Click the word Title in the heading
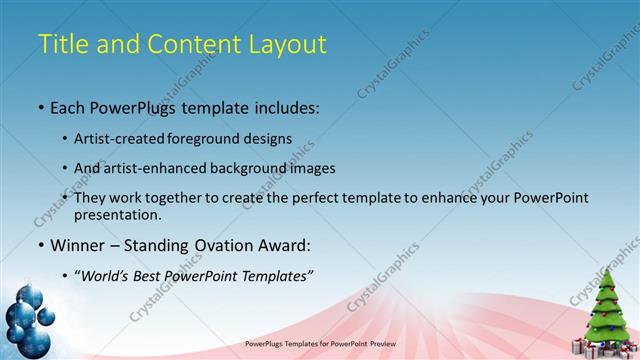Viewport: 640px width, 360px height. click(61, 44)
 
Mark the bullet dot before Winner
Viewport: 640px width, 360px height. click(41, 244)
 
